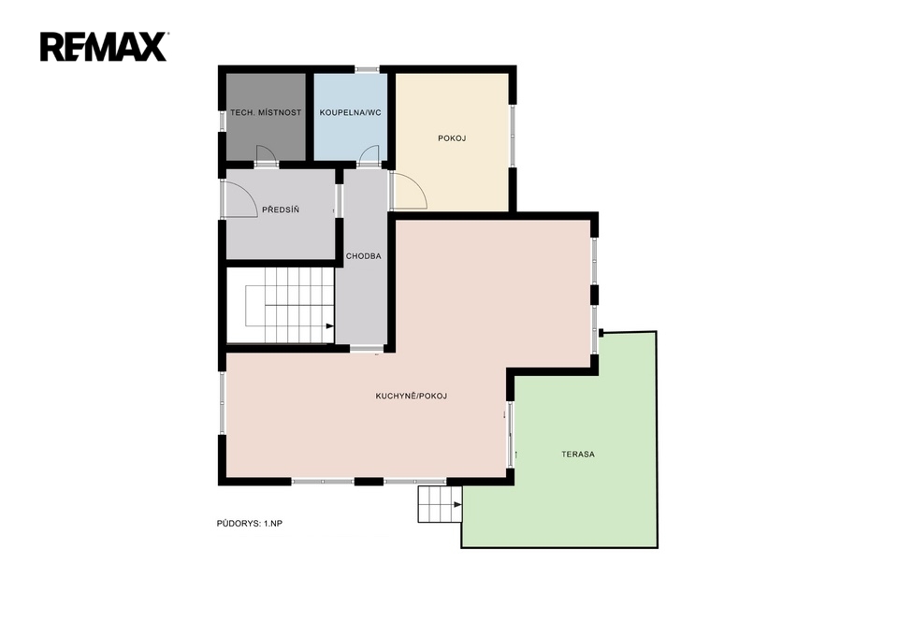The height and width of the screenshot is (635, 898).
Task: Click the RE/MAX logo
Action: (x=104, y=47)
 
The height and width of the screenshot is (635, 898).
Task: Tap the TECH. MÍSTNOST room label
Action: (x=266, y=113)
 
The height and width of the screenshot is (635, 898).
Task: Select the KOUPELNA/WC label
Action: (x=351, y=113)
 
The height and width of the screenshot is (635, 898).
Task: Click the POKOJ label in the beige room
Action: (x=452, y=138)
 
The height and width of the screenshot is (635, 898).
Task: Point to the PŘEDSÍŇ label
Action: (x=281, y=209)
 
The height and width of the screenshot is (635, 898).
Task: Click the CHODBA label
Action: (x=364, y=256)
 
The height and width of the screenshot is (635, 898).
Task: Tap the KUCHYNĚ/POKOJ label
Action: (x=412, y=396)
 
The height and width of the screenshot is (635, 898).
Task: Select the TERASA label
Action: (x=578, y=455)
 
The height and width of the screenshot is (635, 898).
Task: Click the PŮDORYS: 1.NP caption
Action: (x=249, y=524)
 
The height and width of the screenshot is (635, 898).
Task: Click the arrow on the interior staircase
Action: (x=330, y=326)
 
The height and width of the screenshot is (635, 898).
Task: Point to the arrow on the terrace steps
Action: (x=457, y=504)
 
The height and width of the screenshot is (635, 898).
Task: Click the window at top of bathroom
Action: (x=368, y=69)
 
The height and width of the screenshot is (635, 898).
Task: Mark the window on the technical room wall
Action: (x=223, y=121)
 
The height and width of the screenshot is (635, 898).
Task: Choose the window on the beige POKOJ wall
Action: (x=514, y=136)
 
